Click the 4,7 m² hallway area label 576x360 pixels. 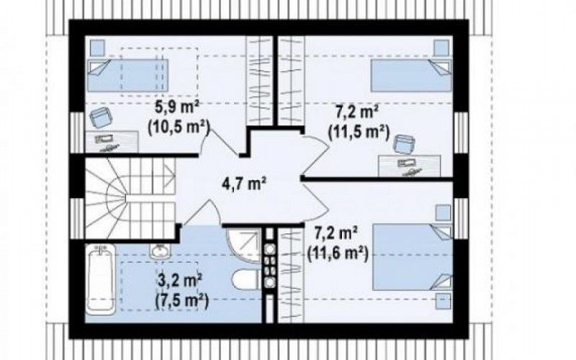(244, 184)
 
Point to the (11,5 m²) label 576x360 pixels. (359, 132)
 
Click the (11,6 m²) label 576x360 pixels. (338, 253)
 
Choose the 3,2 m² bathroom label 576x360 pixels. (179, 282)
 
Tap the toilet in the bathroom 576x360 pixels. (246, 280)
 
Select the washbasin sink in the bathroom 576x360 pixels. (160, 250)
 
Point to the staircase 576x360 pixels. (130, 199)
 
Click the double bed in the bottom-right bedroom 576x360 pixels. (412, 257)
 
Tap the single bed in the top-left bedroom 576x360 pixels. (127, 76)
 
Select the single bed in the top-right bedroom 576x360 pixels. (411, 76)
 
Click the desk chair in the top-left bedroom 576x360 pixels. (101, 117)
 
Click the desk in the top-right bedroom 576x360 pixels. (410, 166)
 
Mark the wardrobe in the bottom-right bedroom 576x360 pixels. (291, 276)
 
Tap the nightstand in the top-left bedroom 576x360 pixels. (97, 48)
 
